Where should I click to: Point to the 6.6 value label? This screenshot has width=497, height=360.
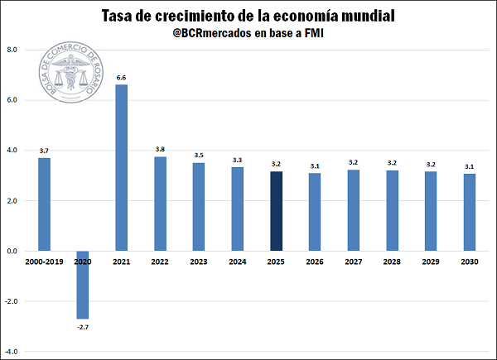click(x=121, y=77)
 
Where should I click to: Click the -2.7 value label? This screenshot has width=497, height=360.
click(x=83, y=328)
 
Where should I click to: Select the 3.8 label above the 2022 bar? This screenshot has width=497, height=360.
click(x=160, y=149)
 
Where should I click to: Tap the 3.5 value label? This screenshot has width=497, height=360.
click(x=199, y=156)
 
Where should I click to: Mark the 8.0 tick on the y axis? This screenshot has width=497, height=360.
click(x=12, y=50)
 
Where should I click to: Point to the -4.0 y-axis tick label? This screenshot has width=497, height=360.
click(x=12, y=353)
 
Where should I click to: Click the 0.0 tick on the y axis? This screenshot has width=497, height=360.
click(x=12, y=251)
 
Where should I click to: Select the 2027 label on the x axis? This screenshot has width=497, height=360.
click(x=353, y=262)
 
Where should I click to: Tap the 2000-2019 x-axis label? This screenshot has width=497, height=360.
click(x=44, y=262)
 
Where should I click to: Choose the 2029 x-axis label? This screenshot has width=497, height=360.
click(x=431, y=262)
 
